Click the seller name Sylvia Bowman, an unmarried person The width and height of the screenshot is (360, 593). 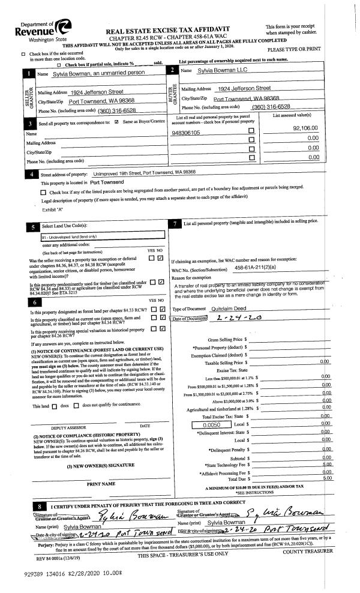(x=91, y=73)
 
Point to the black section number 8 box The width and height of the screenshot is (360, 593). (x=37, y=489)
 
